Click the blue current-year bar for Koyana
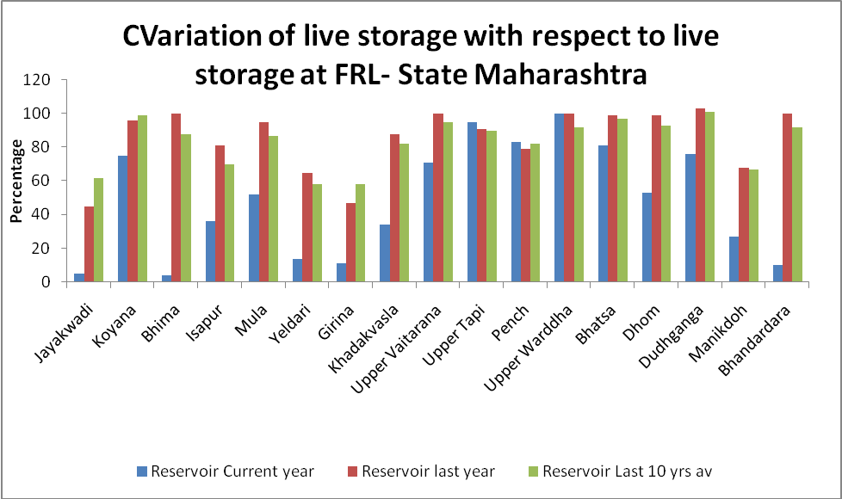tap(123, 219)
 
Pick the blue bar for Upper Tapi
tap(472, 202)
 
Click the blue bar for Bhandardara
tap(778, 273)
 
